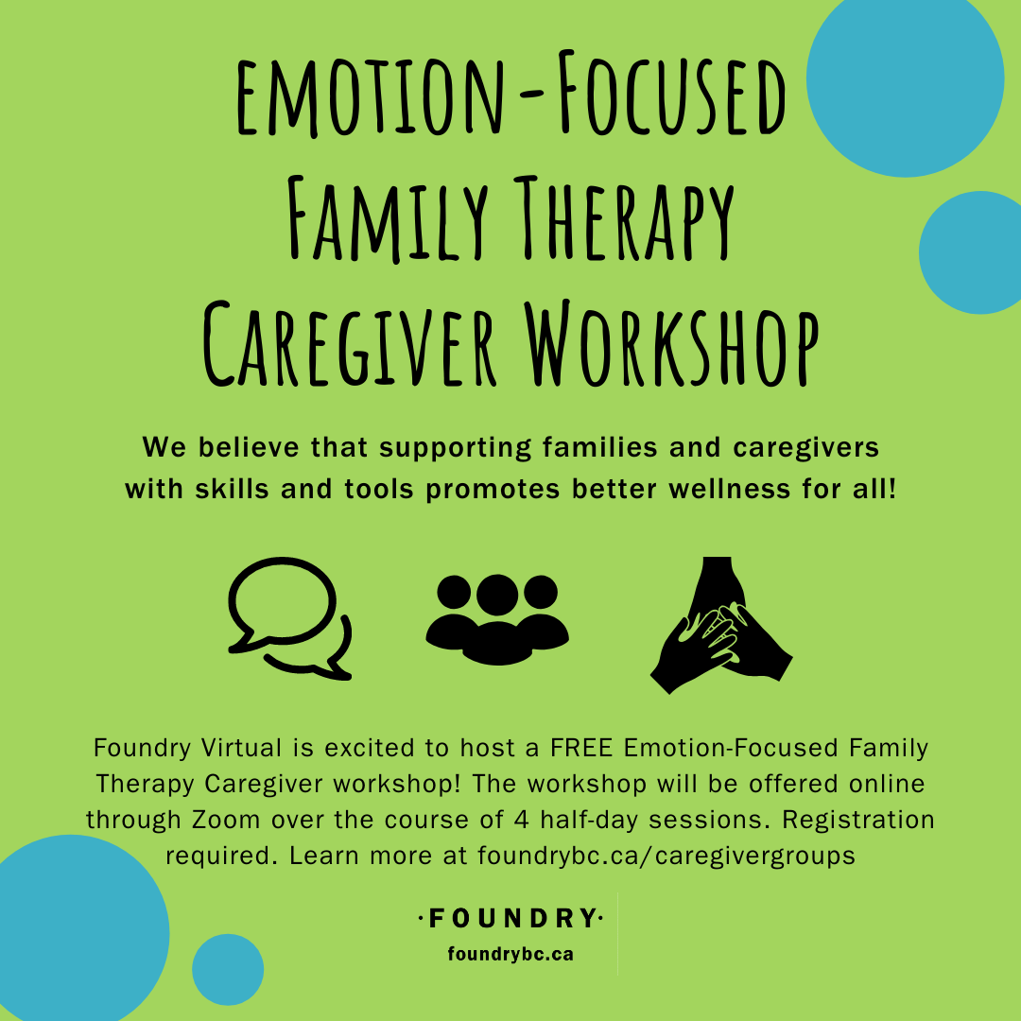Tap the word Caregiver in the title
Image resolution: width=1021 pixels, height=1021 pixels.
pyautogui.click(x=350, y=343)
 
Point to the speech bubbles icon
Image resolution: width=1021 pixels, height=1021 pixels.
pyautogui.click(x=290, y=618)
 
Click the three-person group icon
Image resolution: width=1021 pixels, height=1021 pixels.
pyautogui.click(x=497, y=619)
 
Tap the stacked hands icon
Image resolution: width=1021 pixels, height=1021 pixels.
pyautogui.click(x=721, y=625)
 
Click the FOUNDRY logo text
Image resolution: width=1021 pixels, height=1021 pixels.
pyautogui.click(x=510, y=918)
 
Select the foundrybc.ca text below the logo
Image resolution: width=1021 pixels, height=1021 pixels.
pyautogui.click(x=510, y=955)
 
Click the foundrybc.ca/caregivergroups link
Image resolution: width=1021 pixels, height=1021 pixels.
pyautogui.click(x=666, y=855)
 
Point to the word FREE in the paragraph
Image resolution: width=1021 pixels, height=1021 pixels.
pyautogui.click(x=581, y=748)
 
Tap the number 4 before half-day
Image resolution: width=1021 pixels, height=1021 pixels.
pyautogui.click(x=522, y=819)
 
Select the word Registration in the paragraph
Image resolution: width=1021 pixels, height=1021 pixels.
pyautogui.click(x=858, y=820)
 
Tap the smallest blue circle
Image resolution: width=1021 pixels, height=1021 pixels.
pyautogui.click(x=228, y=970)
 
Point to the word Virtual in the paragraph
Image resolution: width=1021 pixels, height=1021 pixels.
pyautogui.click(x=242, y=748)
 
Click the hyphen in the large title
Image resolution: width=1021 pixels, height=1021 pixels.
pyautogui.click(x=533, y=97)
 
